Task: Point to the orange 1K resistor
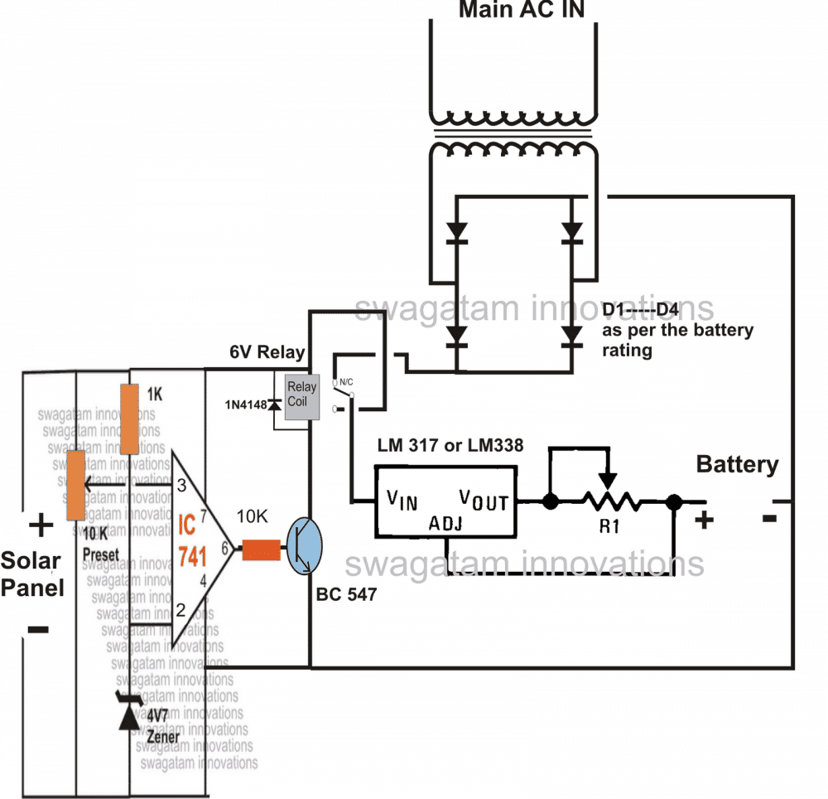(128, 419)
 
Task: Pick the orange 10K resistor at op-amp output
(262, 550)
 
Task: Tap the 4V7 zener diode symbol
(129, 714)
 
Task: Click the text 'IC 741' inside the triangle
(197, 539)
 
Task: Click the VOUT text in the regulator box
(484, 501)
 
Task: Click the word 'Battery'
(737, 464)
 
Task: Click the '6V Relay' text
(267, 352)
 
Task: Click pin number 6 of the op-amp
(224, 548)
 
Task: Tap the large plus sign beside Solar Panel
(38, 525)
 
